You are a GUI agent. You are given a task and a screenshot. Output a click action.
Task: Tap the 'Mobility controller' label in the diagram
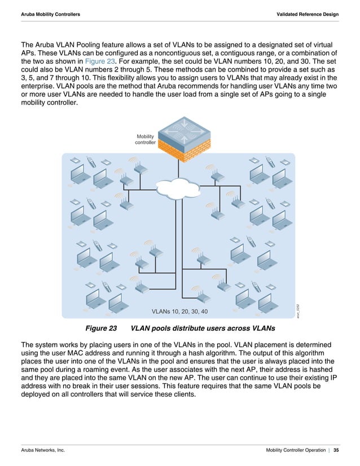[145, 139]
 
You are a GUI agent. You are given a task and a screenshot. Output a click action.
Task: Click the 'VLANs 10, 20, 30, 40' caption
[179, 311]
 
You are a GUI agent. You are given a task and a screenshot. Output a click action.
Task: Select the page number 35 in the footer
[336, 450]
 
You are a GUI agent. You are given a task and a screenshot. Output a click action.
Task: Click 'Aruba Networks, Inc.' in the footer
[43, 450]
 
